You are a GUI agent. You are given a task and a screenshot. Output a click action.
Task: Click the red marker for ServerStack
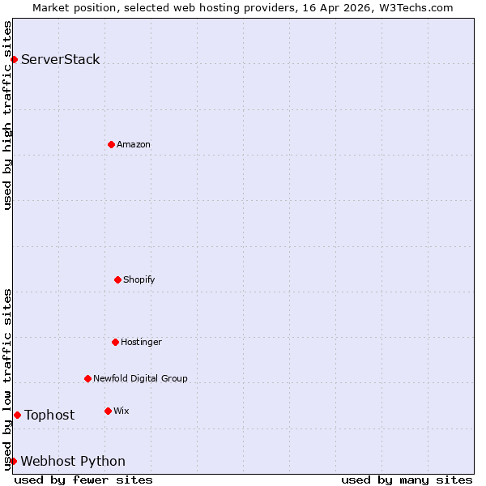[x=14, y=59]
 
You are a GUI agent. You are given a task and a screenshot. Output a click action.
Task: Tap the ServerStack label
[x=61, y=59]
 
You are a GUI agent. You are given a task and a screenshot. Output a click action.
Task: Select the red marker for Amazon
[x=111, y=144]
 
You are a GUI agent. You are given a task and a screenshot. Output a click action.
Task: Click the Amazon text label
[x=134, y=144]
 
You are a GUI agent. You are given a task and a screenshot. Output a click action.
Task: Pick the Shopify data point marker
[x=117, y=279]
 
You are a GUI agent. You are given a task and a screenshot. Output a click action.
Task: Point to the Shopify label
[x=139, y=279]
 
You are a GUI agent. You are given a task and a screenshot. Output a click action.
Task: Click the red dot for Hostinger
[x=115, y=342]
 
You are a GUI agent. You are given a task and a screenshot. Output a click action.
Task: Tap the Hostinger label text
[x=142, y=342]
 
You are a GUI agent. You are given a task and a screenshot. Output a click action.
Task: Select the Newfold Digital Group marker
[x=87, y=378]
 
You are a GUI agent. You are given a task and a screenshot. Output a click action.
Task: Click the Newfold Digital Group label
[x=140, y=378]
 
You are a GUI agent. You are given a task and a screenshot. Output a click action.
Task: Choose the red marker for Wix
[x=108, y=411]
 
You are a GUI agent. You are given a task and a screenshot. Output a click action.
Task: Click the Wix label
[x=122, y=411]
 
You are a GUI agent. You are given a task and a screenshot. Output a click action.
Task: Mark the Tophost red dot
[x=17, y=415]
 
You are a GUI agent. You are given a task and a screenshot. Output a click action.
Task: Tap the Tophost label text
[x=49, y=415]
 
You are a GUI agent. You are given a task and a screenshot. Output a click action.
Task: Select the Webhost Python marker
[x=13, y=461]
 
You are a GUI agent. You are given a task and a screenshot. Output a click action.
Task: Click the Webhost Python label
[x=73, y=461]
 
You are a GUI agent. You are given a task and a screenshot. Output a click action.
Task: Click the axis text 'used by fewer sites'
[x=83, y=480]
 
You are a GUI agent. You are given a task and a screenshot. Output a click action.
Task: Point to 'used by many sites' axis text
[x=407, y=480]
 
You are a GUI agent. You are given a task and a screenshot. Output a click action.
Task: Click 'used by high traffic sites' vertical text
[x=7, y=115]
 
